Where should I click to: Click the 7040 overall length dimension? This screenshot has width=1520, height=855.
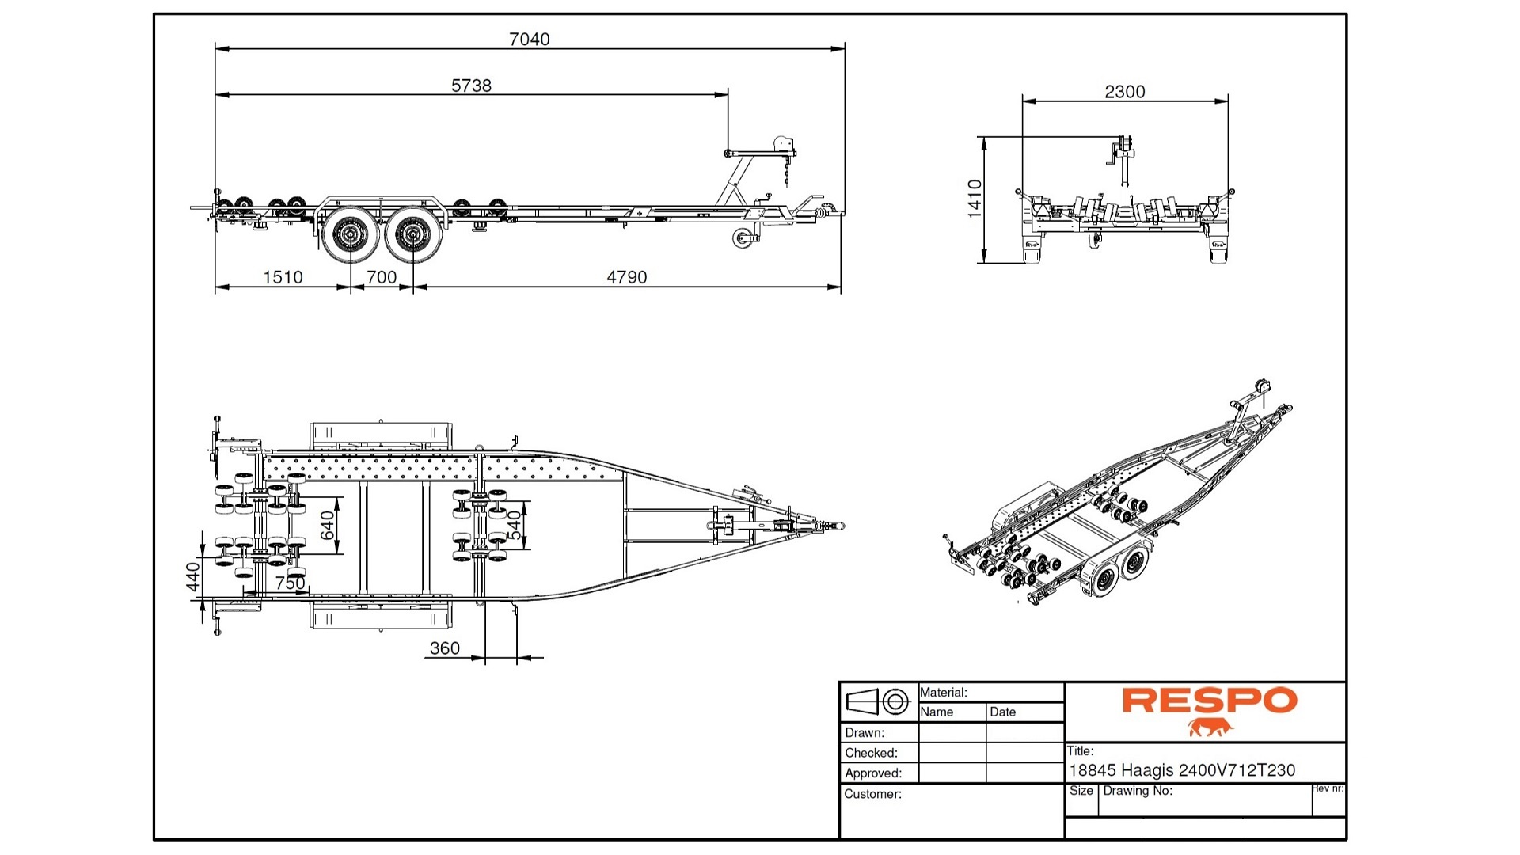[529, 39]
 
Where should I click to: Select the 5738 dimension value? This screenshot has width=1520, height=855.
[471, 85]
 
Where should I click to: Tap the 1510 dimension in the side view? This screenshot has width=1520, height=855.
[283, 277]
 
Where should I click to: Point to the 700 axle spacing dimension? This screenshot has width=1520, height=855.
[381, 277]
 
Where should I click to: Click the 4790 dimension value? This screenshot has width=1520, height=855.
[626, 277]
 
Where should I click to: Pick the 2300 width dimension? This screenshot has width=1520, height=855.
[1124, 92]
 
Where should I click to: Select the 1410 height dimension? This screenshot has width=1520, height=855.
[975, 199]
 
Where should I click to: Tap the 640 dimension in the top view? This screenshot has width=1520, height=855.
[328, 526]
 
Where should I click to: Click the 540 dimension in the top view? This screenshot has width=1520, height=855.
[515, 526]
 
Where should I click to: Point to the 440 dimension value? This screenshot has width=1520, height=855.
[192, 577]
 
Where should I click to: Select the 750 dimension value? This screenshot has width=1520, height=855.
[290, 583]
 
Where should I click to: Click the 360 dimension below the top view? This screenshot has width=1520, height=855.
[444, 648]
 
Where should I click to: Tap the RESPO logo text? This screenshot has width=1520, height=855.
[1209, 701]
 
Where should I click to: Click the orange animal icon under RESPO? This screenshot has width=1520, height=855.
[1210, 728]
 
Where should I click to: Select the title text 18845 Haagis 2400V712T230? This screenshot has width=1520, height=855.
[1181, 770]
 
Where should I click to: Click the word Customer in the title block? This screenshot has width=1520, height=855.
[872, 794]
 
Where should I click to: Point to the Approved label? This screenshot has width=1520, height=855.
[872, 773]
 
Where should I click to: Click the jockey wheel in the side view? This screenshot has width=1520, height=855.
[742, 237]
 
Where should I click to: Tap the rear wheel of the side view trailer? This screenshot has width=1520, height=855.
[348, 234]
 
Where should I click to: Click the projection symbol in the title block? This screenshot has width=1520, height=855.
[877, 701]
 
